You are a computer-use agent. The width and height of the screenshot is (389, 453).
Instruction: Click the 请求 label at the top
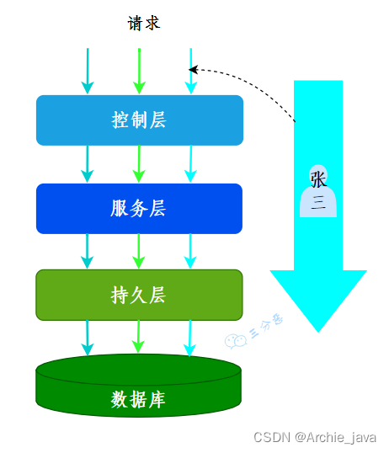pos(143,24)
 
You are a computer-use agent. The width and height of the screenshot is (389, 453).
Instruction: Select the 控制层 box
pos(139,120)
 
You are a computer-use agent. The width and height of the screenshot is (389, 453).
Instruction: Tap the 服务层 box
pos(139,208)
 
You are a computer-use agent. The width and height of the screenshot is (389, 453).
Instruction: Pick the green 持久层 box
pos(139,295)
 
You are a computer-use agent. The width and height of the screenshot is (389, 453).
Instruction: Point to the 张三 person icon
pos(318,191)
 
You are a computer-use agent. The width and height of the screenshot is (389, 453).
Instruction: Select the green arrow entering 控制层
pos(139,72)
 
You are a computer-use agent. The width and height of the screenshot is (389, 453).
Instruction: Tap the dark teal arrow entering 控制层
pos(87,72)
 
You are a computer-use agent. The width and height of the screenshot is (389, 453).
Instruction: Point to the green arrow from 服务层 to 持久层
pos(139,252)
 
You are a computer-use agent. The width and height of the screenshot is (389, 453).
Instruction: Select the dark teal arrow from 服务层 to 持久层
pos(87,252)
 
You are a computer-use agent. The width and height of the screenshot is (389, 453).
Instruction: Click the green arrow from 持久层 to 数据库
pos(139,337)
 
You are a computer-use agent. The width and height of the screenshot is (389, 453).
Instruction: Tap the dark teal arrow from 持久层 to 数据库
pos(86,337)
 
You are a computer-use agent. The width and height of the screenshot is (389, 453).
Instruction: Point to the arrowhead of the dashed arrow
pos(194,70)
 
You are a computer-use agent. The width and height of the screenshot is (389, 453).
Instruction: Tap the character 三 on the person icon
pos(318,202)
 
